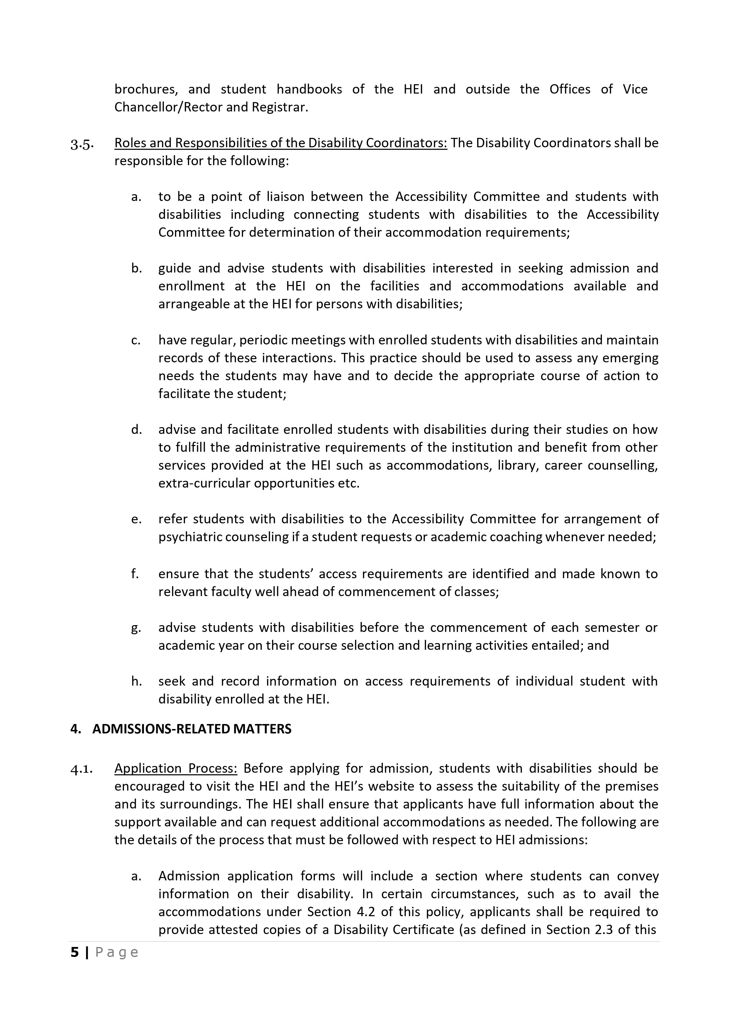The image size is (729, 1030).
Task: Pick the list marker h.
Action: point(136,681)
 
